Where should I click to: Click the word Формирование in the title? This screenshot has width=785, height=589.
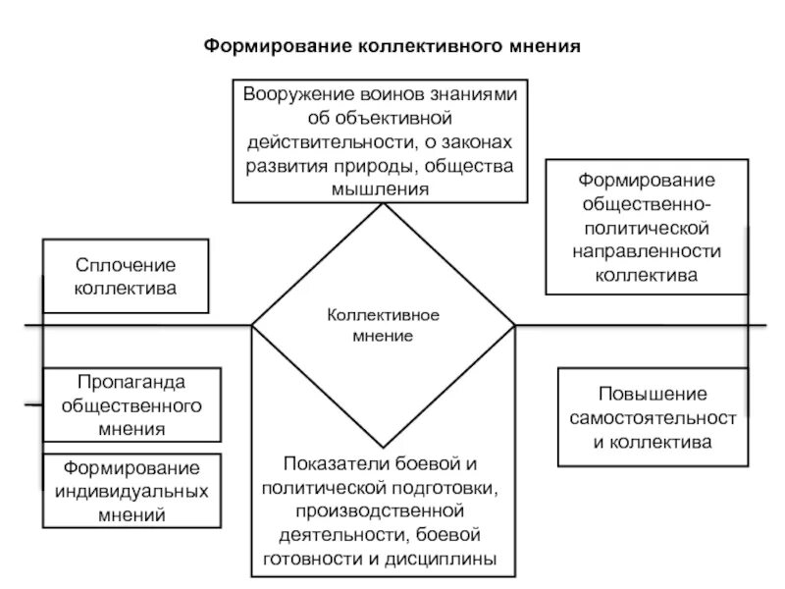[x=263, y=45]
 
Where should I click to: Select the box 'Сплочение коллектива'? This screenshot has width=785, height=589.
[x=126, y=276]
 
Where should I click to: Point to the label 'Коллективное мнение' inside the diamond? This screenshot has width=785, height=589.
[x=383, y=325]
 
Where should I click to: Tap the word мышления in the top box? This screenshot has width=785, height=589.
[x=381, y=187]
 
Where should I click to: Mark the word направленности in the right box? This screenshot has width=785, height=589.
[x=647, y=252]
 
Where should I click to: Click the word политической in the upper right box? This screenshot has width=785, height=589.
[x=647, y=229]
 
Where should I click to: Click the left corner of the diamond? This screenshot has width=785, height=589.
[x=252, y=325]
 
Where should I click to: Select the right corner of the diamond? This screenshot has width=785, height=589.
[x=515, y=325]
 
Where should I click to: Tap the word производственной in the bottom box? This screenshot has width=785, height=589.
[x=384, y=510]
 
